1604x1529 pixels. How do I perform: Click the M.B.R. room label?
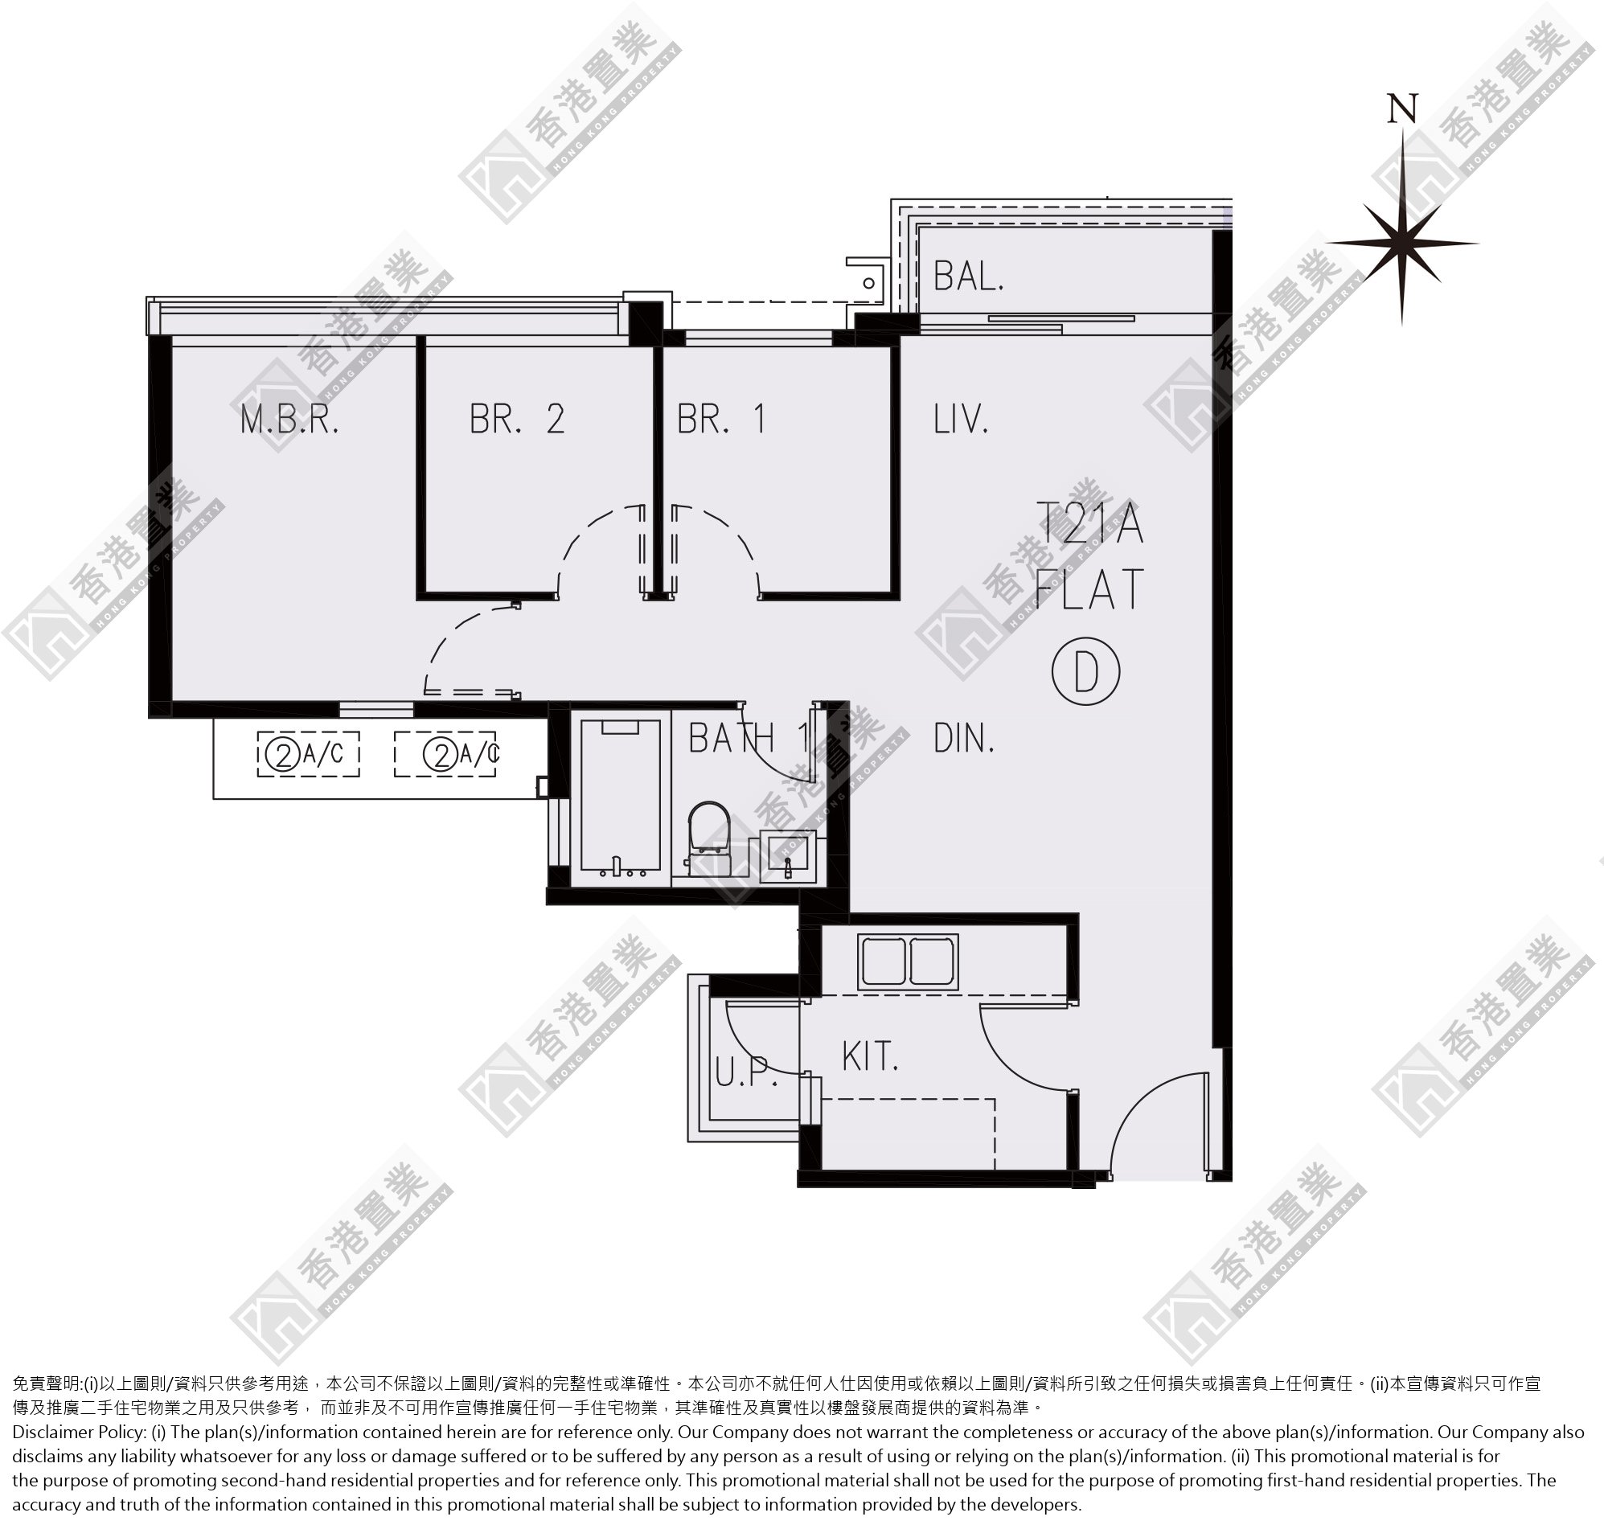pyautogui.click(x=289, y=420)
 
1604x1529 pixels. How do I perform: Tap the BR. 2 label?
pyautogui.click(x=517, y=419)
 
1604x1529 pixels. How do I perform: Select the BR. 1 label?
pyautogui.click(x=720, y=419)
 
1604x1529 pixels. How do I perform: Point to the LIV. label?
pyautogui.click(x=961, y=419)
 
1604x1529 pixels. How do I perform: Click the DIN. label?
pyautogui.click(x=963, y=739)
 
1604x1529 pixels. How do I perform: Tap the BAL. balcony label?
pyautogui.click(x=968, y=277)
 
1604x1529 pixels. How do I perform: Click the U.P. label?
pyautogui.click(x=746, y=1072)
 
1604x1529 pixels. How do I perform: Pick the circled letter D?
pyautogui.click(x=1085, y=671)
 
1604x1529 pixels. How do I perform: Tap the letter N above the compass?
pyautogui.click(x=1403, y=109)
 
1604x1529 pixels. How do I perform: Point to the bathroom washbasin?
pyautogui.click(x=788, y=857)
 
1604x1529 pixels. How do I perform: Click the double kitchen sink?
pyautogui.click(x=907, y=962)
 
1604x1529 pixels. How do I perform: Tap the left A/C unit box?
pyautogui.click(x=308, y=755)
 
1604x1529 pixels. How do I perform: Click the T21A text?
pyautogui.click(x=1089, y=524)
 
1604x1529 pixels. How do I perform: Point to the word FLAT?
pyautogui.click(x=1089, y=590)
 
